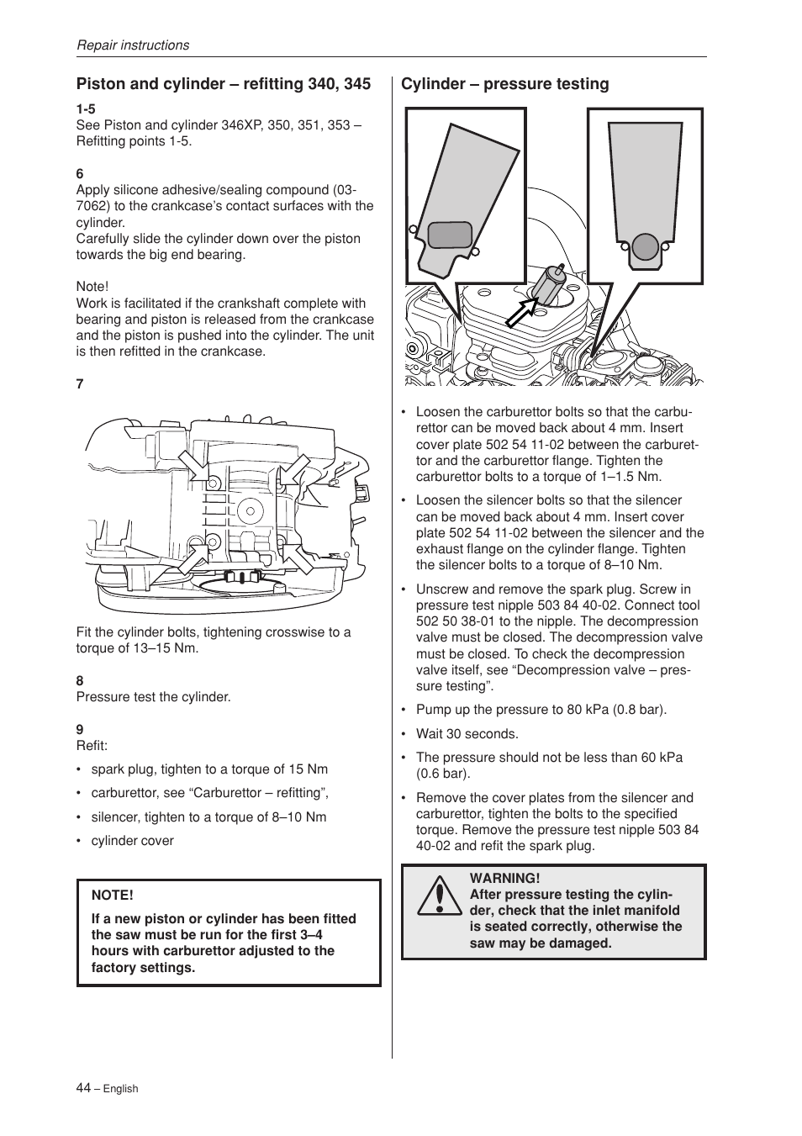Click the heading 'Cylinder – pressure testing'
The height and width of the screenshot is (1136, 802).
point(504,84)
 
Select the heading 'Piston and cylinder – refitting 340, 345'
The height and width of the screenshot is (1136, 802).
point(223,84)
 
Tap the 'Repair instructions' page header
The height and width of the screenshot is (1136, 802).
point(133,45)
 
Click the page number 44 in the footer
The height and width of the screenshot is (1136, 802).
point(83,1087)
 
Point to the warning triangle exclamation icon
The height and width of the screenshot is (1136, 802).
point(435,896)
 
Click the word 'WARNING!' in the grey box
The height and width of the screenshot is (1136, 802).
point(504,879)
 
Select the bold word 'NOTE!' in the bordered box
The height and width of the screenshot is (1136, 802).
point(113,895)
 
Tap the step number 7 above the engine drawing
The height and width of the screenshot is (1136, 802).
point(80,384)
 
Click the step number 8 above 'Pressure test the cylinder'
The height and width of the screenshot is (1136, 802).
point(80,680)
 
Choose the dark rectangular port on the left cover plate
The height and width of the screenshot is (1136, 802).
point(450,235)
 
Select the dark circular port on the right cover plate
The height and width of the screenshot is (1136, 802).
point(645,246)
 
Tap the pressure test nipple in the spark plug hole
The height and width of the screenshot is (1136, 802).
point(551,283)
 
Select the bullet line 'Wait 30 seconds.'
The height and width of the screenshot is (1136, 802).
point(467,734)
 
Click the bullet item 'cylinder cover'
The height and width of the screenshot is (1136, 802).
point(132,841)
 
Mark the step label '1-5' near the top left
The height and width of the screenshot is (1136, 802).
point(86,109)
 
